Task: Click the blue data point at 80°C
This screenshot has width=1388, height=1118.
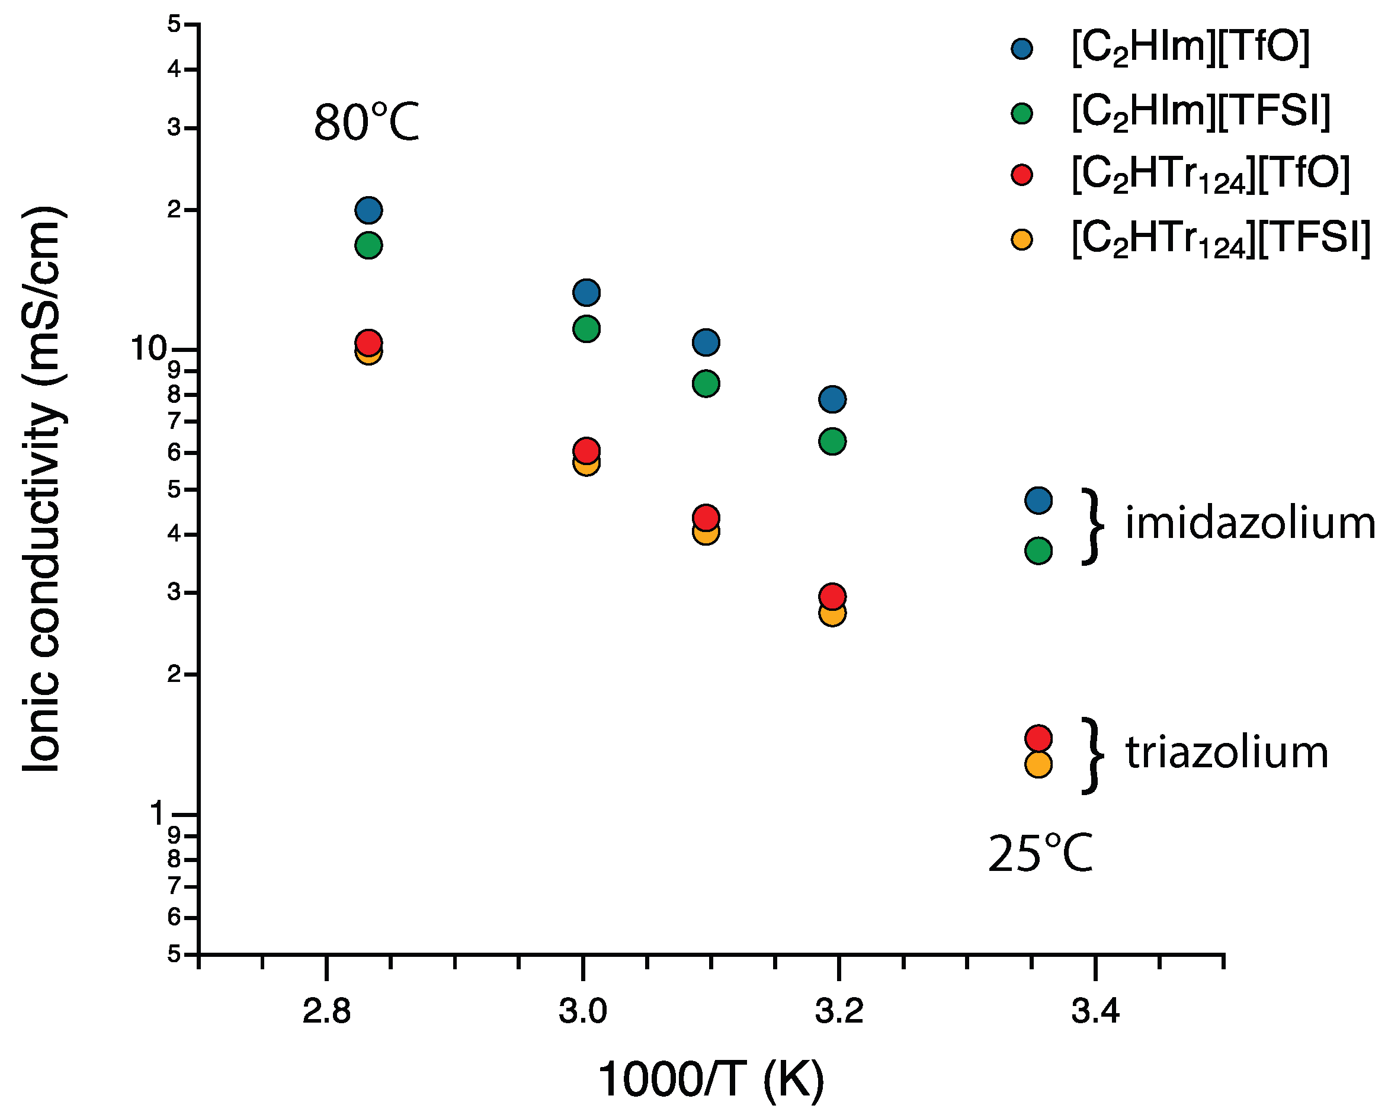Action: pos(368,210)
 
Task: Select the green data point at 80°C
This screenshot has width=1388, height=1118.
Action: pos(368,245)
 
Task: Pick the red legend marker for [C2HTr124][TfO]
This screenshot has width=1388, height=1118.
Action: pos(1022,175)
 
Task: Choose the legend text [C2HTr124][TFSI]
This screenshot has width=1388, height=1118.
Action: pos(1220,238)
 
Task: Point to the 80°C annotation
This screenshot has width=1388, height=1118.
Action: pos(366,123)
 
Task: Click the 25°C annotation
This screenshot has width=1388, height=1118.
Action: pos(1040,854)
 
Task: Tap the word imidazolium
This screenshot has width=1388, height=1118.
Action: pos(1249,523)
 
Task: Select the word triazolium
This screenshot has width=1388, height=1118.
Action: pos(1226,752)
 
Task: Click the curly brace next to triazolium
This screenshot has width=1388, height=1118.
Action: pos(1092,755)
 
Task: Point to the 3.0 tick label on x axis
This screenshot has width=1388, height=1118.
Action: pos(582,1012)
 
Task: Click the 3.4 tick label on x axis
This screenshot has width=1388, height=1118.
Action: pos(1095,1012)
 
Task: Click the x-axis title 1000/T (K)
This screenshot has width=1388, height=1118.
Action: pos(711,1079)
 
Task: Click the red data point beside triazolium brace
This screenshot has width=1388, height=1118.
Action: pos(1038,738)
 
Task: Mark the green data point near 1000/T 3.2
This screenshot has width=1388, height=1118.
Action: pos(832,442)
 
